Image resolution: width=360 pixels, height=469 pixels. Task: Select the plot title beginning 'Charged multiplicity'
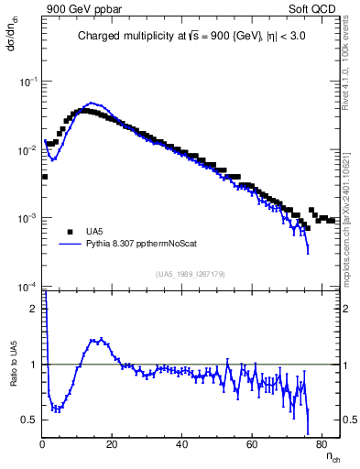[191, 38]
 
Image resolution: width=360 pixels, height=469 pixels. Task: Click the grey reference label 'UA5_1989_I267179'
[191, 273]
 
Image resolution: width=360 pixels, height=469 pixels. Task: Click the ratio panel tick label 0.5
[30, 420]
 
